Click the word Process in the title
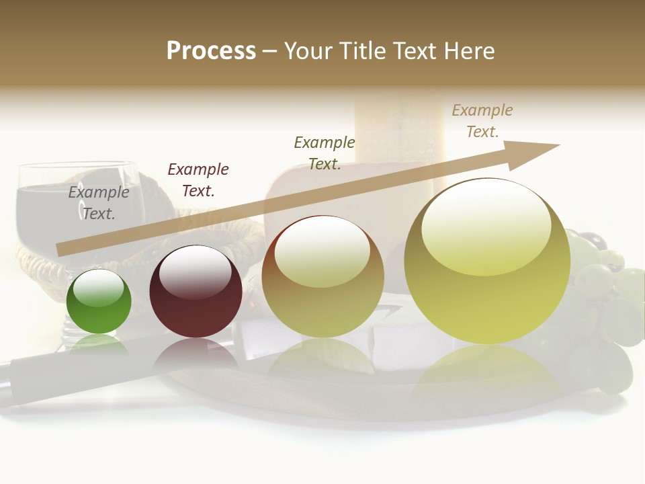coord(211,50)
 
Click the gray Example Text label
coord(99,203)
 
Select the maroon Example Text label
coord(198,180)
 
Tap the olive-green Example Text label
coord(325,153)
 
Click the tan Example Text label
coord(482,121)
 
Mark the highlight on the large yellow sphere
coord(486,225)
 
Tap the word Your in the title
coord(309,50)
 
